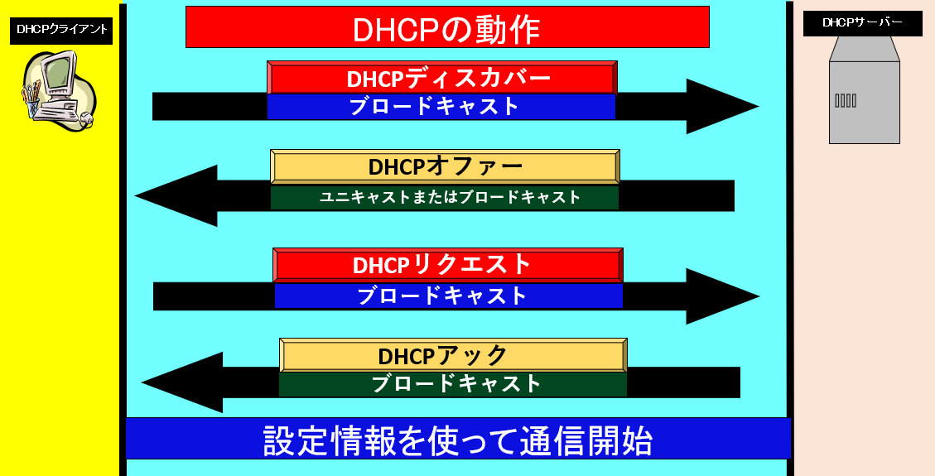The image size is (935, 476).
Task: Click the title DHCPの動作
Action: tap(447, 26)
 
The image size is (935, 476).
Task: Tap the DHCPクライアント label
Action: tap(61, 31)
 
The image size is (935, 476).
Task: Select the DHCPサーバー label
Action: tap(862, 23)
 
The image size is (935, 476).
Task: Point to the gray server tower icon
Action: tap(864, 90)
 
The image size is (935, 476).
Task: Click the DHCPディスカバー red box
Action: tap(442, 78)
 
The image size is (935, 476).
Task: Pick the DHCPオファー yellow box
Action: tap(445, 167)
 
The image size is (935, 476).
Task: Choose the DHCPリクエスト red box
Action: tap(448, 265)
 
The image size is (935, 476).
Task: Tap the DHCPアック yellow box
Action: tap(453, 356)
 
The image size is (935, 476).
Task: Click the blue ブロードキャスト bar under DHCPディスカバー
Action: tap(441, 107)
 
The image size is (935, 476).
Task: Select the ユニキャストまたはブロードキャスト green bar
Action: tap(445, 197)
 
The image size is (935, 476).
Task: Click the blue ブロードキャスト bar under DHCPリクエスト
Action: tap(448, 296)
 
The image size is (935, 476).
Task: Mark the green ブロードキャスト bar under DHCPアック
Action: tap(453, 384)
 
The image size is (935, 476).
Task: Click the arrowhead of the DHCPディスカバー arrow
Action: tap(757, 107)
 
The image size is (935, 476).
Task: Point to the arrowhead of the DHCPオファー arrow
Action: tap(137, 195)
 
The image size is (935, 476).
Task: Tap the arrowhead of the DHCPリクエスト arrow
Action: tap(758, 296)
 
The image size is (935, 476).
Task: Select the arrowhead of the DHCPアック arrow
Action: tap(143, 382)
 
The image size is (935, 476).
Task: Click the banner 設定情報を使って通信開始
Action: tap(458, 439)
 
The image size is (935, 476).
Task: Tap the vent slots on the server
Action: tap(846, 101)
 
